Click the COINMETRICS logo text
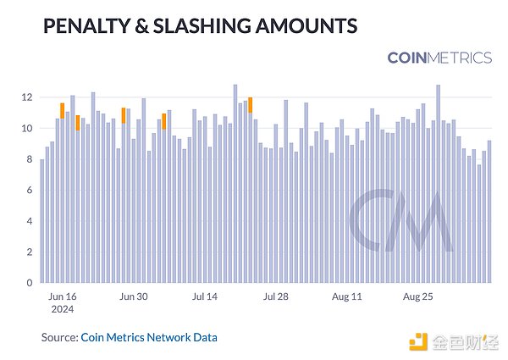click(439, 58)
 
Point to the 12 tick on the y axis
click(28, 97)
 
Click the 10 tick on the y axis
click(28, 129)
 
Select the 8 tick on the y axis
click(30, 159)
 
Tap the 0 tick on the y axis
click(30, 283)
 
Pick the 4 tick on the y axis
click(30, 221)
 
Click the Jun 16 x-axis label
click(63, 297)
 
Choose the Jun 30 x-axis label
click(134, 297)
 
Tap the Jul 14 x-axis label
click(205, 297)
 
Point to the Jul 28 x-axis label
click(276, 297)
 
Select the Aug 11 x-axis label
click(346, 297)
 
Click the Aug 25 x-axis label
click(417, 297)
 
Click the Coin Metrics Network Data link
click(149, 337)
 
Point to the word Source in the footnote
click(59, 337)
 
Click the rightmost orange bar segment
click(251, 104)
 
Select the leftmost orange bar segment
click(63, 110)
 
